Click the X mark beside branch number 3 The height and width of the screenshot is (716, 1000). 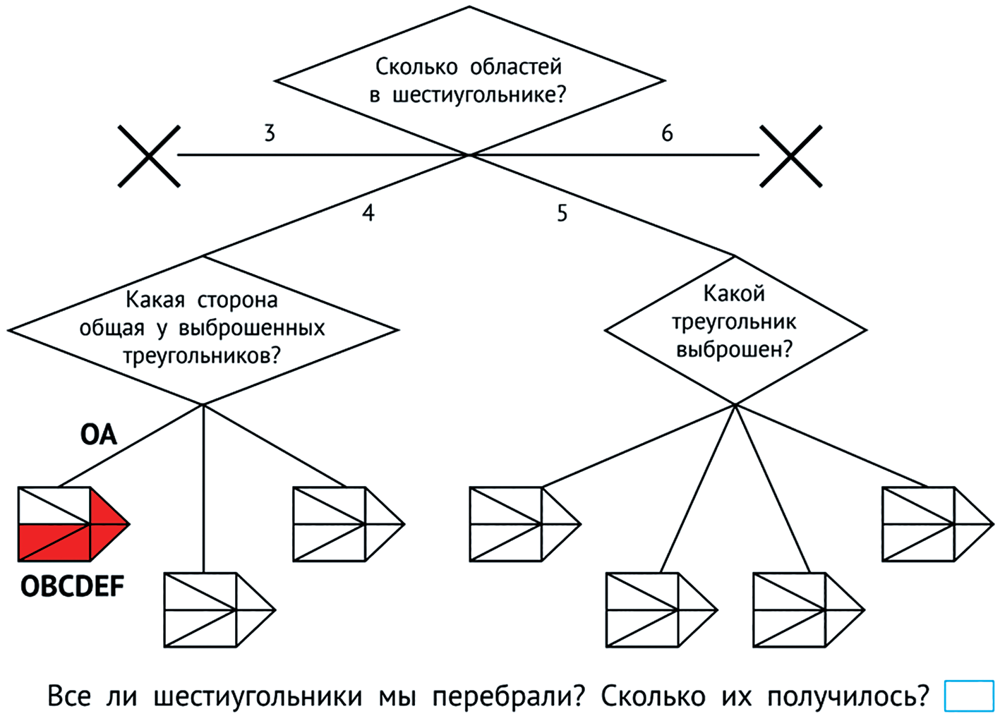click(149, 156)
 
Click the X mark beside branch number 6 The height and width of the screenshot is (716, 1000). click(791, 156)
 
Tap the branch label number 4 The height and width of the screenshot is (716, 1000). click(368, 212)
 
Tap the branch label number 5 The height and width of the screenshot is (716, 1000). click(562, 212)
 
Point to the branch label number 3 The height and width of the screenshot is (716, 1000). click(270, 133)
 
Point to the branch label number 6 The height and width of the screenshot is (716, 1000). click(667, 133)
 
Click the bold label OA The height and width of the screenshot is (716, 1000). click(98, 435)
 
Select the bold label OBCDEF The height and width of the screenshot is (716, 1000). click(72, 586)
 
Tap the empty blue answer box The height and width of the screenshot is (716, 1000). click(968, 696)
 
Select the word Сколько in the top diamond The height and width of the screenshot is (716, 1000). click(416, 67)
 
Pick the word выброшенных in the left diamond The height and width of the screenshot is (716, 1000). click(252, 328)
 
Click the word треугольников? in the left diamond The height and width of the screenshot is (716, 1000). click(202, 355)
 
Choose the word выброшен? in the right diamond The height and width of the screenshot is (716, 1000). click(734, 349)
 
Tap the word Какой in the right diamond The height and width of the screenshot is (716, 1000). click(734, 293)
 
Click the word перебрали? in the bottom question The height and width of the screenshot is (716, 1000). click(508, 697)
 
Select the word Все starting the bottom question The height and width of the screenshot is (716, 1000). click(68, 697)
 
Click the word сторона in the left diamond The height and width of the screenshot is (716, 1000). click(237, 301)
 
